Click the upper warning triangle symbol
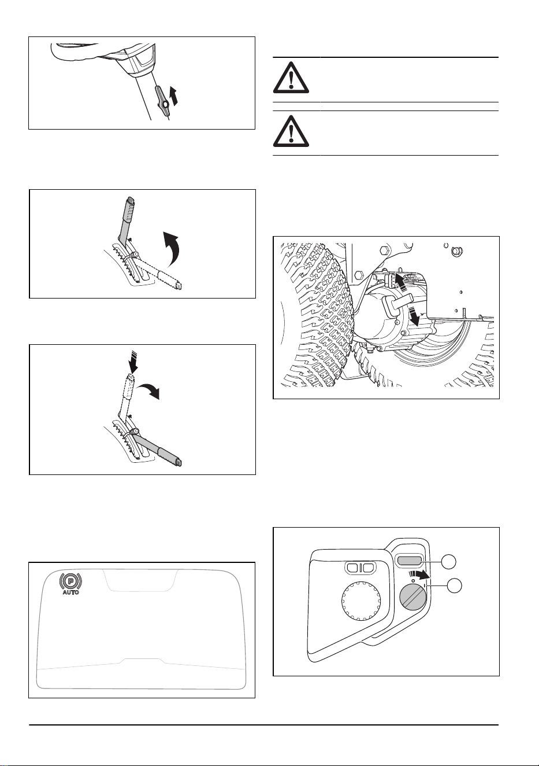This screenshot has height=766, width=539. coord(291,78)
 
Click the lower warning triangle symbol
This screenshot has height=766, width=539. coord(291,131)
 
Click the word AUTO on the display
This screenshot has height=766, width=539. coord(70,592)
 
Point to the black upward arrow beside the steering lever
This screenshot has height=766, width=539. coord(174,96)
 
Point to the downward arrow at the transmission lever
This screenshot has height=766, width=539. coord(415,315)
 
